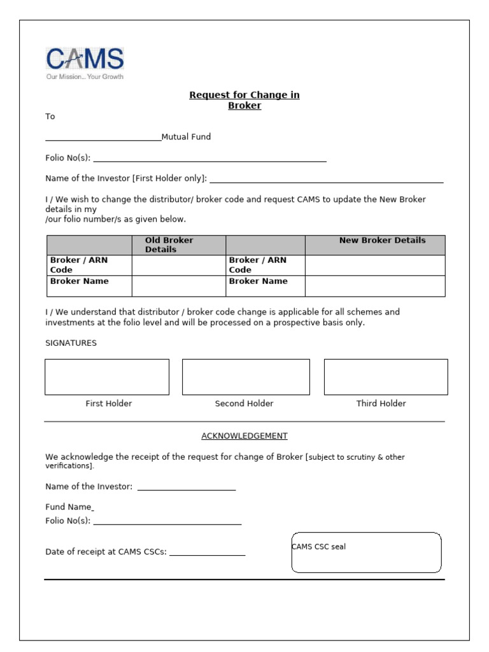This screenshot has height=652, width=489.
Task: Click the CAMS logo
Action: point(85,63)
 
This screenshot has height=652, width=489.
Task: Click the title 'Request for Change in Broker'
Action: point(244,100)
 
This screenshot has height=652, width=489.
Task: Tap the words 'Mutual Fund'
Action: point(186,137)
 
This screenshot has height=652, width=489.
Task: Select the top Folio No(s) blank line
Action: point(209,160)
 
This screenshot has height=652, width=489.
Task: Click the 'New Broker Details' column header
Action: point(382,241)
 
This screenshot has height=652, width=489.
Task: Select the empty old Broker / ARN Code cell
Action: point(178,265)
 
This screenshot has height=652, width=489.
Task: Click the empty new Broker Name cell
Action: point(375,286)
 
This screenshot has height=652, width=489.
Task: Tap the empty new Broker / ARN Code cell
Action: point(375,265)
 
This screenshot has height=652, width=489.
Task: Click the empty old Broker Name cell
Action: point(178,286)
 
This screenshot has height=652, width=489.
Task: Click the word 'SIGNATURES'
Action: point(71,343)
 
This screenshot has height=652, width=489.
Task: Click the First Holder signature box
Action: point(107,377)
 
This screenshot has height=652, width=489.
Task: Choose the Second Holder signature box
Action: point(246,377)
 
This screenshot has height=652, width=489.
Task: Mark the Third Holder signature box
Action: point(386,377)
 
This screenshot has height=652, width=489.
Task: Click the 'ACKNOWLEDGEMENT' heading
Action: point(244,436)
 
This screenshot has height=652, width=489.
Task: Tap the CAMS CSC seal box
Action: point(366,553)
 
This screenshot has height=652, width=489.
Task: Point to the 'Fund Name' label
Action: point(68,507)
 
